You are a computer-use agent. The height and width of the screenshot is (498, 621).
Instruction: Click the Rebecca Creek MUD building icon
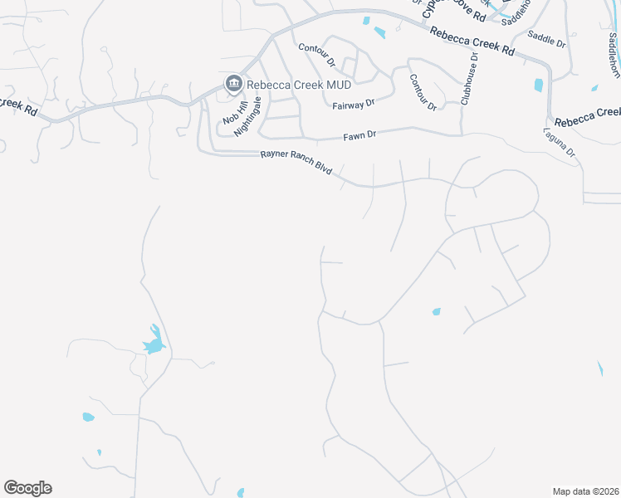[x=233, y=84]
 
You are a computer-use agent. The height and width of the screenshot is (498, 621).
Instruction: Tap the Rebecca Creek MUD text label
[x=288, y=84]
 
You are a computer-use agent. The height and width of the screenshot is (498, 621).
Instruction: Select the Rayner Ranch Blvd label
[x=296, y=163]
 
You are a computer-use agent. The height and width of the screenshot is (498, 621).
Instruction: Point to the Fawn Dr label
[x=360, y=134]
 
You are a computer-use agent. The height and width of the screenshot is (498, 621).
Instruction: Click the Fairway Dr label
[x=354, y=105]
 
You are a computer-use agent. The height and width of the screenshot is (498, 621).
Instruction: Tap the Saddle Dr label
[x=546, y=40]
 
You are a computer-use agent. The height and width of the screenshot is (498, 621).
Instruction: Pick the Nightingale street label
[x=247, y=115]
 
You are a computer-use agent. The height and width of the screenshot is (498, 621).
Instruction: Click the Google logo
[x=27, y=488]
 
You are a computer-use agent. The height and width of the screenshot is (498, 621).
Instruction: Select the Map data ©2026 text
[x=585, y=491]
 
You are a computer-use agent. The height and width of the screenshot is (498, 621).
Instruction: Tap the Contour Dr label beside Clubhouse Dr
[x=423, y=91]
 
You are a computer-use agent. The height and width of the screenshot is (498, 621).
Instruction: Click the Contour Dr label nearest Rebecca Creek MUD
[x=316, y=56]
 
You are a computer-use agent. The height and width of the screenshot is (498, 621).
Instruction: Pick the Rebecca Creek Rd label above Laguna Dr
[x=586, y=116]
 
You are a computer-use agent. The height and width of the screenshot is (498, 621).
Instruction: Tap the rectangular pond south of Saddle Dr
[x=539, y=85]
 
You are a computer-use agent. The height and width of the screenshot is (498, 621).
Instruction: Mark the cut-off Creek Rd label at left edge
[x=18, y=107]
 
